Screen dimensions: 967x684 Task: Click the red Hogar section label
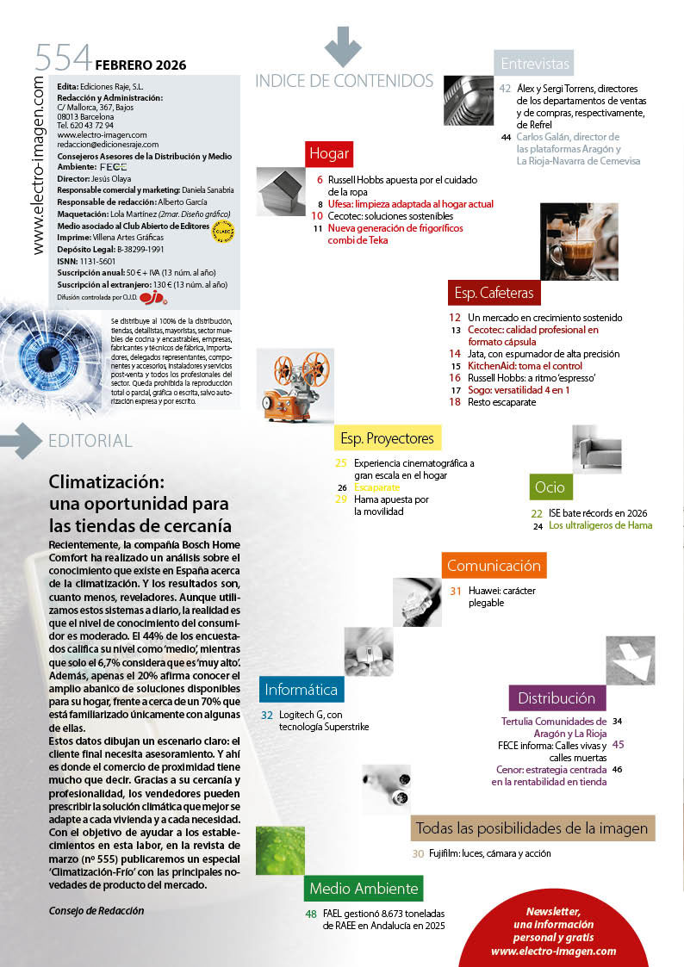(329, 153)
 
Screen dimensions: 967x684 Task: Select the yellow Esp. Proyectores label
(387, 438)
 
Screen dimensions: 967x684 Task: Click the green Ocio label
(550, 487)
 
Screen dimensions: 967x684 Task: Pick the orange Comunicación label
(494, 566)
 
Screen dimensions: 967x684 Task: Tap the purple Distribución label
(557, 697)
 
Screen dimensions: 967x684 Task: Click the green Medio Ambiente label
(363, 889)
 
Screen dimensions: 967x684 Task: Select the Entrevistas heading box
(535, 64)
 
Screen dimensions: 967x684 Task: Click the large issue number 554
(63, 59)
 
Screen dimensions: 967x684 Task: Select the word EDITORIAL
(90, 441)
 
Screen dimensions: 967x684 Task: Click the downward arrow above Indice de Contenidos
(343, 46)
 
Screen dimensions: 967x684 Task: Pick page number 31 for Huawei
(456, 591)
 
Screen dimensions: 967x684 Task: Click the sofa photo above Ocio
(597, 449)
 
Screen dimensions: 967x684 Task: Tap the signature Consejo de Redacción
(96, 910)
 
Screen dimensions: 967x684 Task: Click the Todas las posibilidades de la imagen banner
(532, 828)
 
